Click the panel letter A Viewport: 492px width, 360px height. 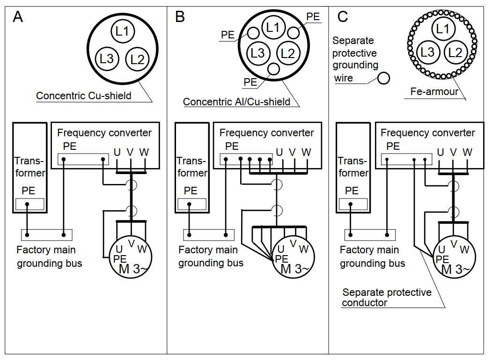point(18,17)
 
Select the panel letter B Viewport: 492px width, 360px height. point(180,17)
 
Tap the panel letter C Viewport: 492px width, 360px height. point(343,17)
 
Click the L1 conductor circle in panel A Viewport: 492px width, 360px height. point(123,31)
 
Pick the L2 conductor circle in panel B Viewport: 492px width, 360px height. point(288,53)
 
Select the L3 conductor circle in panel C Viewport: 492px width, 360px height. point(427,51)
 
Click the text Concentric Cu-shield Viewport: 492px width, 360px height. point(83,96)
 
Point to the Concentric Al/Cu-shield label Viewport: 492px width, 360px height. point(236,102)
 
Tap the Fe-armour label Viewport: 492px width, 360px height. point(434,92)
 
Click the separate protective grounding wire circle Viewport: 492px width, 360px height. point(384,78)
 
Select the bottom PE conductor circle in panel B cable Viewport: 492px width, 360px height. point(273,69)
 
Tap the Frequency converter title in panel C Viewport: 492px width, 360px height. point(427,133)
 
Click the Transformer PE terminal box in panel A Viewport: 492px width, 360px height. point(30,204)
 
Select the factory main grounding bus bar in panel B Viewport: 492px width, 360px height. point(208,234)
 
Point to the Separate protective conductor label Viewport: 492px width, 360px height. point(387,297)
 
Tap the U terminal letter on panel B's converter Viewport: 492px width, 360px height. point(279,152)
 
